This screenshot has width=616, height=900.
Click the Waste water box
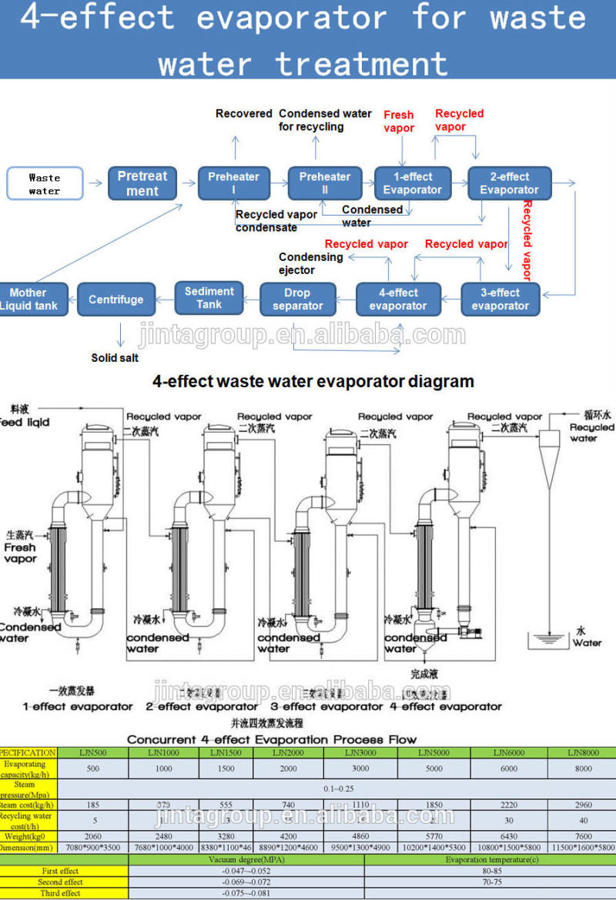45,183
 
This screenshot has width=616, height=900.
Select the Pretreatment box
142,183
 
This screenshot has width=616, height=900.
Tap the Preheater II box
325,183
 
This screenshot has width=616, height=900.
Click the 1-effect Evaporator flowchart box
413,183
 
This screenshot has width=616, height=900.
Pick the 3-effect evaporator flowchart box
500,299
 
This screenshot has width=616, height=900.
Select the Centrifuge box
115,299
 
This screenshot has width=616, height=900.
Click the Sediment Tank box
209,298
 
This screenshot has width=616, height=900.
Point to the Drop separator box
297,299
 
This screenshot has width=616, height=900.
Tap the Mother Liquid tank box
29,299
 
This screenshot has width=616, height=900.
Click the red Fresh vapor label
399,122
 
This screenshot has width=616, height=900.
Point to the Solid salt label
115,358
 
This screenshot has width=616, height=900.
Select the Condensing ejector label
310,263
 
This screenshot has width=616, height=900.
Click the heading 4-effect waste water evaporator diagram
313,381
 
